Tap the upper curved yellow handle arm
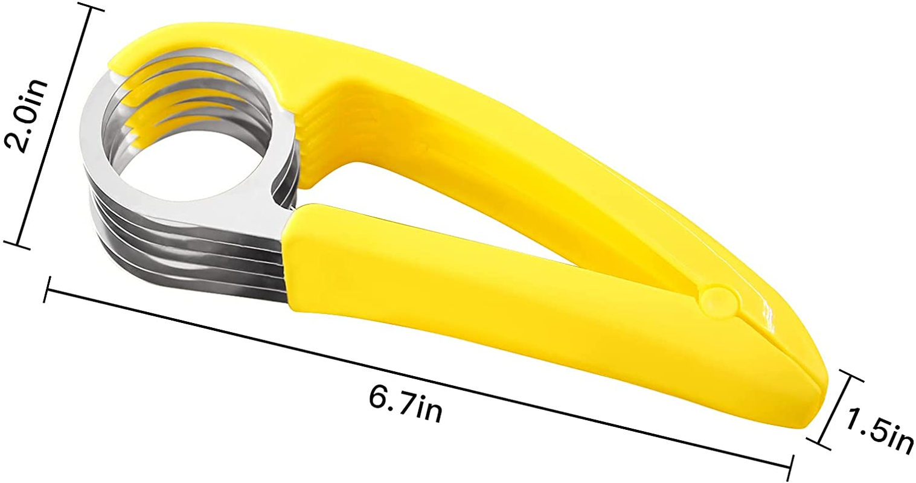tap(483, 121)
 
